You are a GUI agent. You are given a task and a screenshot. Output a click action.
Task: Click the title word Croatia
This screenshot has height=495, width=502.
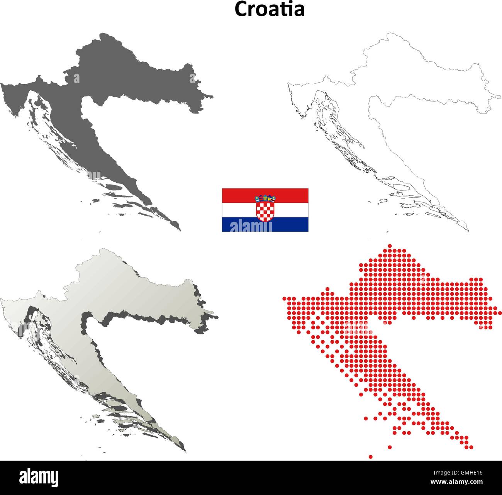tap(270, 9)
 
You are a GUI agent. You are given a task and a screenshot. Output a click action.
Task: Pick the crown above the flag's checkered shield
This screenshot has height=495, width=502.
tap(265, 198)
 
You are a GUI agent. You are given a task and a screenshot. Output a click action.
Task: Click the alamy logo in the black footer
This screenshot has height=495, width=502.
tap(39, 478)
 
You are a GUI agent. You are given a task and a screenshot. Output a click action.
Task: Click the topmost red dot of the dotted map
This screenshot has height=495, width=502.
tap(389, 246)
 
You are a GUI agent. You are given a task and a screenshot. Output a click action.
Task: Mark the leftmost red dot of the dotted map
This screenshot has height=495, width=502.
tap(285, 298)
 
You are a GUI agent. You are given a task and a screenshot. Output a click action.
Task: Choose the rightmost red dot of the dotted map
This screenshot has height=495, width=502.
tap(500, 313)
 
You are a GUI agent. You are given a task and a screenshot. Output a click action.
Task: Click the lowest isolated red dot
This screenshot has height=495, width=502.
tap(371, 457)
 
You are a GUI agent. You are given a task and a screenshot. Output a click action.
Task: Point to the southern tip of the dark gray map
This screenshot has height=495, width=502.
tap(180, 230)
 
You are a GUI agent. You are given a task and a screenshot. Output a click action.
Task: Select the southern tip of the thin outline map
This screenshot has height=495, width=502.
tap(468, 231)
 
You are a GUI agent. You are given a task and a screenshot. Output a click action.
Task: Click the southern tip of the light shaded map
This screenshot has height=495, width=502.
tap(185, 451)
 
